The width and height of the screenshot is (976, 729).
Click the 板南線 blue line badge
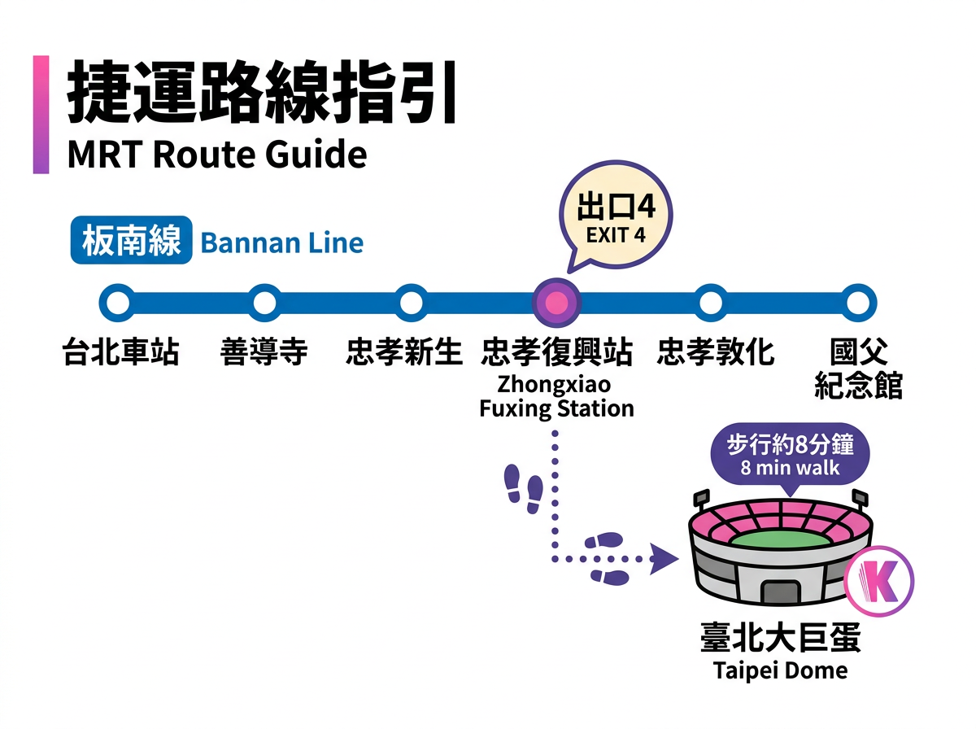(x=131, y=242)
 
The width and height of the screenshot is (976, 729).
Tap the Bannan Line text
(x=281, y=242)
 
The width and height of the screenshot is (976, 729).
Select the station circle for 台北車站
(x=119, y=303)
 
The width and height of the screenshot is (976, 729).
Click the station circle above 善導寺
(x=264, y=303)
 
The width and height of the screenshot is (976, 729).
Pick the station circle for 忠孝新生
(x=411, y=303)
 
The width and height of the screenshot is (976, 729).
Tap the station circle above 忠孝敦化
(x=711, y=303)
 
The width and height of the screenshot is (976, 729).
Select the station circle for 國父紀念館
(x=856, y=303)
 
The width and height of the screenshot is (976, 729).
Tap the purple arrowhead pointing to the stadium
(x=667, y=558)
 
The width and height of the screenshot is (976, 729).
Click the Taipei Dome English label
(x=781, y=670)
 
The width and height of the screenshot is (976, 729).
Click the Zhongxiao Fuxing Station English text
(x=556, y=395)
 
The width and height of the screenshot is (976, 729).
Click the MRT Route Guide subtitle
(x=217, y=155)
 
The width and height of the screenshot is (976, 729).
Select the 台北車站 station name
(x=120, y=353)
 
